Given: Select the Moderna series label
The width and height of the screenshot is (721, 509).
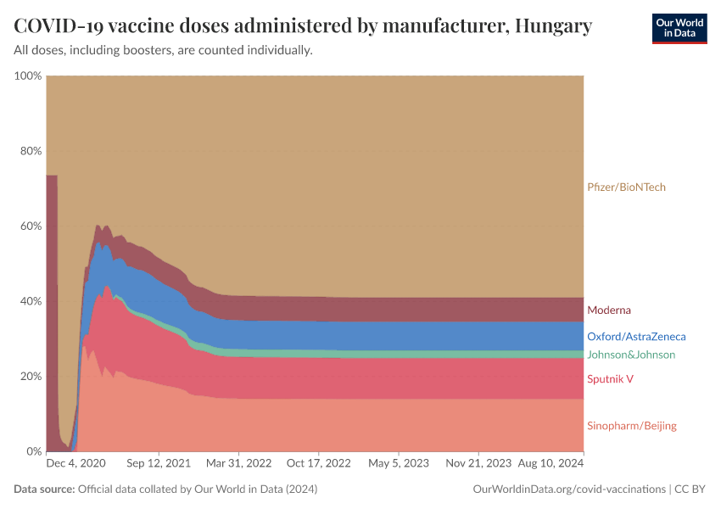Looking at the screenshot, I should (x=608, y=310).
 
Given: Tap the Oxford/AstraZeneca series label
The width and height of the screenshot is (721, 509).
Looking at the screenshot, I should (x=635, y=337).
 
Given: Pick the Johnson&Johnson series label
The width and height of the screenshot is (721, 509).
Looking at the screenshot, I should (x=630, y=355).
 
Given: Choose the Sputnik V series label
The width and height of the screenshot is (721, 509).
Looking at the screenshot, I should (x=610, y=379).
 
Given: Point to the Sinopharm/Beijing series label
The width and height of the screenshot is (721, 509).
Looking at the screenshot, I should (x=631, y=426).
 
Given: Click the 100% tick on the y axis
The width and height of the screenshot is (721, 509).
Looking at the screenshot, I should (x=28, y=76).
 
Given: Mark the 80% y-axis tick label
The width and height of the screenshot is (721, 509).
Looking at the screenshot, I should (x=30, y=151).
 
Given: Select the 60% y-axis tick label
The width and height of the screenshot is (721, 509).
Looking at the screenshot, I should (x=30, y=227).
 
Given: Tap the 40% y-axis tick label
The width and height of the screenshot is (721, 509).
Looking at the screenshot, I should (x=30, y=301).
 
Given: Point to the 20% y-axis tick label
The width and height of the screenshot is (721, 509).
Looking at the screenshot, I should (x=30, y=377).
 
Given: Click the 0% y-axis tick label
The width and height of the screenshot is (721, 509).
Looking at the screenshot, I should (x=33, y=451).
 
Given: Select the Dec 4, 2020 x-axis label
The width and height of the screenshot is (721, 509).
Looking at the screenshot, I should (x=75, y=464).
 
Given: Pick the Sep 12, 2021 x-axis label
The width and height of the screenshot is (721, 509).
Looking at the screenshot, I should (x=158, y=464).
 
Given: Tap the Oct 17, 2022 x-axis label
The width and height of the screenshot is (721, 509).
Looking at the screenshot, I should (x=319, y=464).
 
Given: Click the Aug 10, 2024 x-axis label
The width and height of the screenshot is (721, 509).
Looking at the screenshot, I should (x=551, y=464).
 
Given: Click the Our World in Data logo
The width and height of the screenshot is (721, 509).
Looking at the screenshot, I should (x=679, y=28).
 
